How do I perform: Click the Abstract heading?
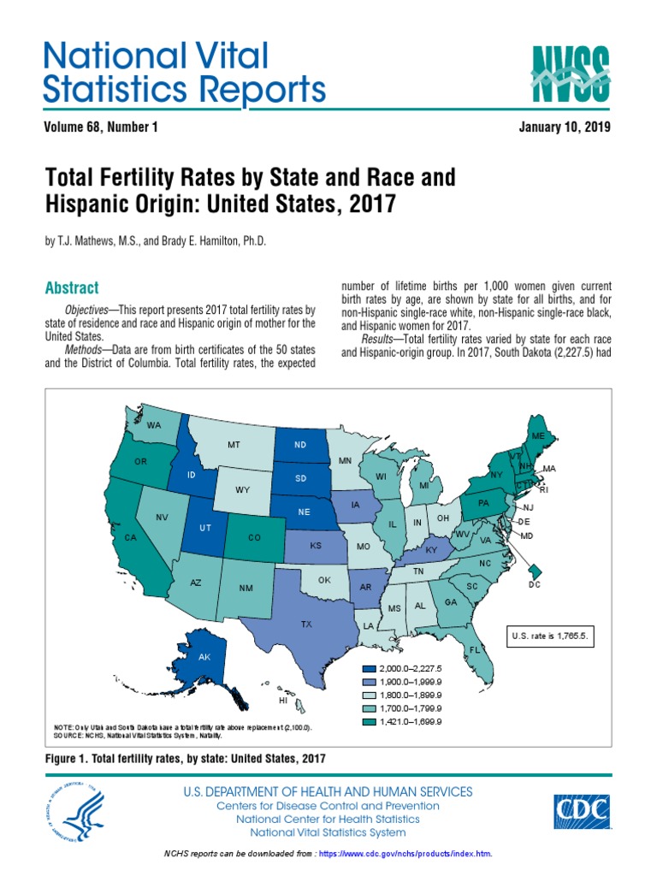72,288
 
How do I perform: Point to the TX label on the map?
306,624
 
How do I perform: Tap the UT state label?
205,528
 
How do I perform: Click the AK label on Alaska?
204,657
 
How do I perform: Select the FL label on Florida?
473,650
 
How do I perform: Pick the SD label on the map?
300,478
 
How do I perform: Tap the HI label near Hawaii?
283,700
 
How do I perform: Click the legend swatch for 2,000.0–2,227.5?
369,667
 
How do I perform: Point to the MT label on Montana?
234,445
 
